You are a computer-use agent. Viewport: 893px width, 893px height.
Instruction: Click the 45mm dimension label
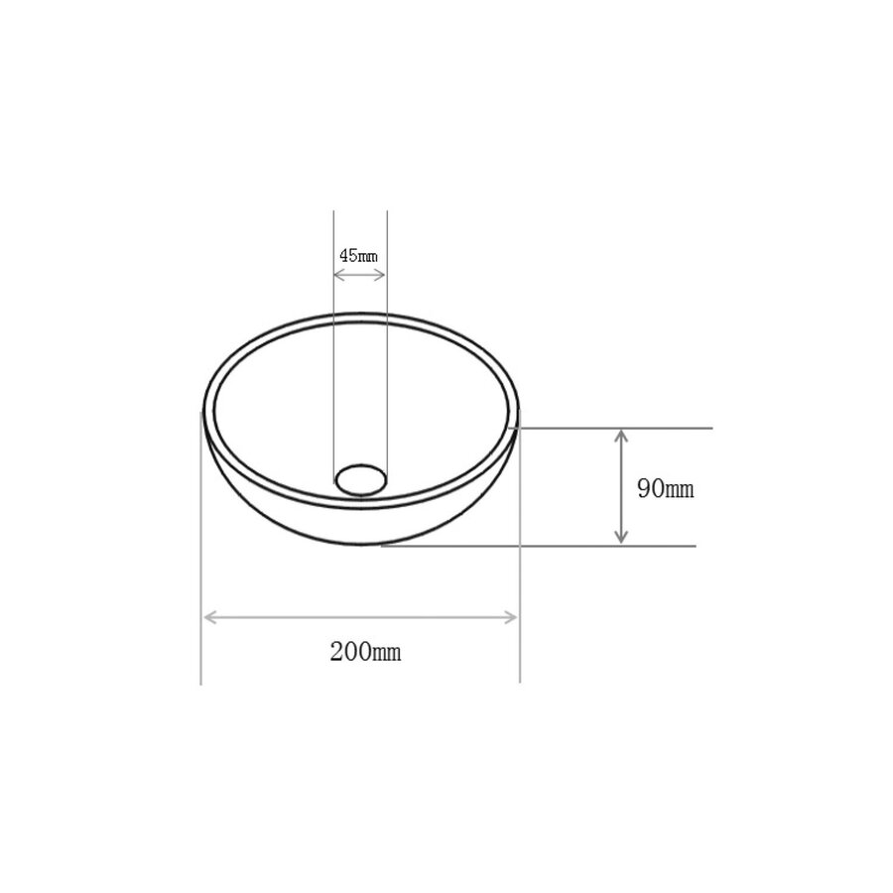pyautogui.click(x=359, y=255)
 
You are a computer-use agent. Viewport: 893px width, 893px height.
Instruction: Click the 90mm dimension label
pyautogui.click(x=666, y=488)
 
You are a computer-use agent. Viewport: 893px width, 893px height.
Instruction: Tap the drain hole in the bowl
pyautogui.click(x=362, y=478)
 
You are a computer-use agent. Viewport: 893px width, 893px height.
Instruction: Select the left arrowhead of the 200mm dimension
pyautogui.click(x=209, y=617)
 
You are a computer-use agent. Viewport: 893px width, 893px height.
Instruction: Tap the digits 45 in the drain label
pyautogui.click(x=348, y=255)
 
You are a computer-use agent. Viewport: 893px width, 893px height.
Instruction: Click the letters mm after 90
pyautogui.click(x=680, y=489)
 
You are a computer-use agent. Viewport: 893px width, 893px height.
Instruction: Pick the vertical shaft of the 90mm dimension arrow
pyautogui.click(x=621, y=486)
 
